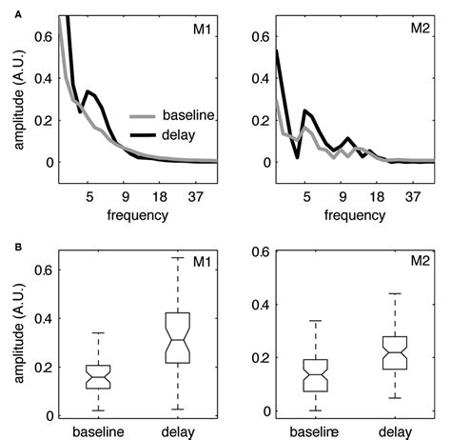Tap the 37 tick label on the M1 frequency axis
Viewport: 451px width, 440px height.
[x=203, y=197]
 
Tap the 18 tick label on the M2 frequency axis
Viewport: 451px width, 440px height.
[x=377, y=197]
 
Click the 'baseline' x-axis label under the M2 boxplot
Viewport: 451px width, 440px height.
[x=314, y=430]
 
